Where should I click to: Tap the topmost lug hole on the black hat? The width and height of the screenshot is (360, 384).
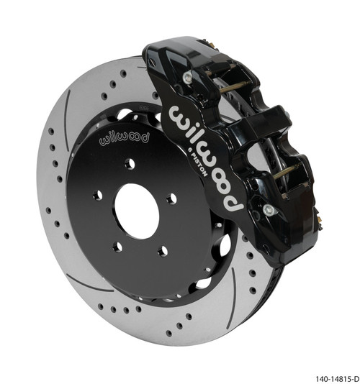(130, 164)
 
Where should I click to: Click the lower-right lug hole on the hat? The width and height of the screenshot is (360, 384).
(162, 251)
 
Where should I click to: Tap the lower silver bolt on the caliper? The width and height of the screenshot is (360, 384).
(268, 209)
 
